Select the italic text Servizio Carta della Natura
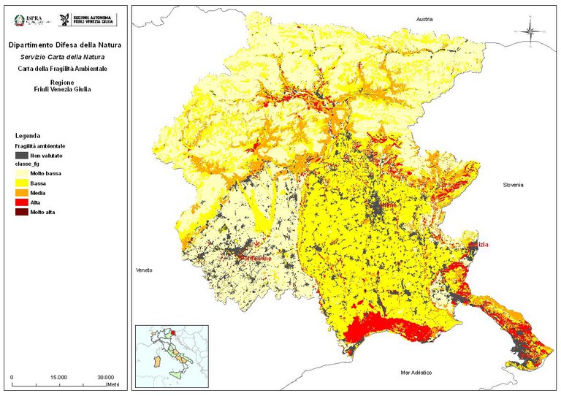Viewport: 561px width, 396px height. pyautogui.click(x=65, y=57)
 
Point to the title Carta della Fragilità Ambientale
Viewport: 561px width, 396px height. pyautogui.click(x=65, y=68)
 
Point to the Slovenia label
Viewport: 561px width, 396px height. pyautogui.click(x=514, y=185)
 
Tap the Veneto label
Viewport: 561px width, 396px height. pyautogui.click(x=144, y=270)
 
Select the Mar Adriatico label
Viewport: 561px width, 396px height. pyautogui.click(x=416, y=373)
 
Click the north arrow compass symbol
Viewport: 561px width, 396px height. pyautogui.click(x=530, y=31)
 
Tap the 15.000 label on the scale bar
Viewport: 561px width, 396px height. pyautogui.click(x=59, y=377)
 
